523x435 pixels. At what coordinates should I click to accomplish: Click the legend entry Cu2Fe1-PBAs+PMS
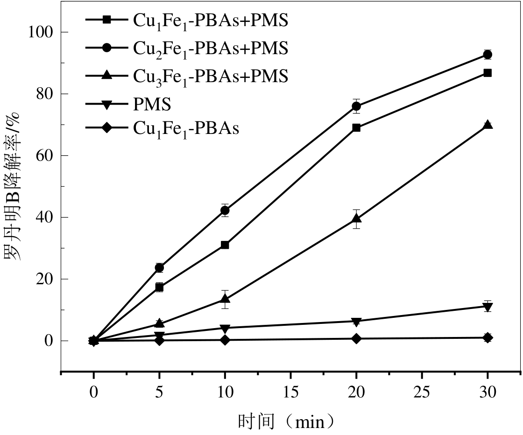point(210,48)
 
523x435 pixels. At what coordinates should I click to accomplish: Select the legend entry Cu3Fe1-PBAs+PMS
point(210,76)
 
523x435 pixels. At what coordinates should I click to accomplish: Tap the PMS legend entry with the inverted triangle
point(152,105)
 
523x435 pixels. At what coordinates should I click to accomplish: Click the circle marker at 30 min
point(488,55)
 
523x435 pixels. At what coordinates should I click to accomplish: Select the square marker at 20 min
point(356,127)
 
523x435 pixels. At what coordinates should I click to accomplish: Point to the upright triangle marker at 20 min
point(356,218)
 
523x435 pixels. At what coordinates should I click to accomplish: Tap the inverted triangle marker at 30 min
point(488,307)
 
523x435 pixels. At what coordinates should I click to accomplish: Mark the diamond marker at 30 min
point(488,338)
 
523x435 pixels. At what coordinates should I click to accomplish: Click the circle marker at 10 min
point(225,210)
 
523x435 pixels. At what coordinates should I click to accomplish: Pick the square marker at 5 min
point(159,287)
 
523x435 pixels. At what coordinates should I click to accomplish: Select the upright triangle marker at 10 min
point(225,299)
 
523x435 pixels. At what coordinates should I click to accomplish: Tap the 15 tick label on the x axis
point(290,393)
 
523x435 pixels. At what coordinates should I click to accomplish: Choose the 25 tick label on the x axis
point(422,393)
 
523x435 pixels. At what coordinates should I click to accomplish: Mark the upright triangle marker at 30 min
point(488,125)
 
